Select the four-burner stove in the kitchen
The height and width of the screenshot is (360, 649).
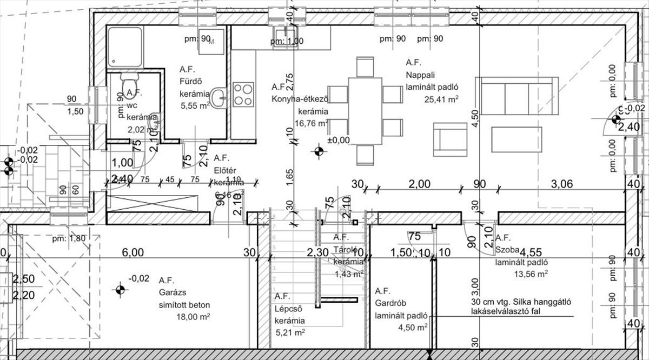(x=243, y=94)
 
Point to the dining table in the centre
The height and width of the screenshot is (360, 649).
(x=366, y=111)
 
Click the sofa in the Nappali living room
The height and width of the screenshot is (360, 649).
(x=516, y=96)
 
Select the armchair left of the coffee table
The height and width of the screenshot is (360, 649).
(x=450, y=139)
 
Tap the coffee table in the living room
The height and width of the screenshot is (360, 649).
(x=516, y=139)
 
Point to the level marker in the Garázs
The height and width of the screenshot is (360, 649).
(x=120, y=290)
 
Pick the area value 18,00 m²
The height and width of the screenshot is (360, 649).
(x=192, y=316)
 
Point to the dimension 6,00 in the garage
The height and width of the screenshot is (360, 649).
(x=133, y=252)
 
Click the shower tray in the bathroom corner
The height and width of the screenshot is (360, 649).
(x=125, y=48)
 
